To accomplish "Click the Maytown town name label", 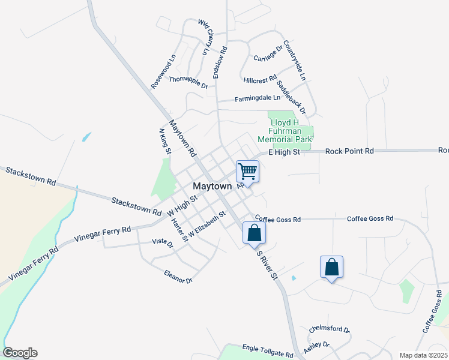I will (x=212, y=187).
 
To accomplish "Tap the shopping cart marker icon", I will (x=247, y=172).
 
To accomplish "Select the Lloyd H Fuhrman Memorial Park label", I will (x=285, y=131).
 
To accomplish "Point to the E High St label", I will (x=284, y=152).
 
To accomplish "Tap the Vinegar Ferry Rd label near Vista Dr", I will (x=102, y=234).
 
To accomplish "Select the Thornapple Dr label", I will (x=188, y=82).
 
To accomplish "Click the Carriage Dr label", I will (x=268, y=53).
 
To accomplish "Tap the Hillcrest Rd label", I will (x=260, y=79).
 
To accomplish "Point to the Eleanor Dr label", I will (x=178, y=277).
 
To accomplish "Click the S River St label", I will (x=267, y=264).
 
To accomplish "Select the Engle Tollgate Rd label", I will (x=268, y=351).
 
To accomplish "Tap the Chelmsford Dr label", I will (x=329, y=329).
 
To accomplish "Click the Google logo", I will (x=20, y=353).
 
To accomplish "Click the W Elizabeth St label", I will (x=206, y=223).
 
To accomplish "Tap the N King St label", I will (x=164, y=140).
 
